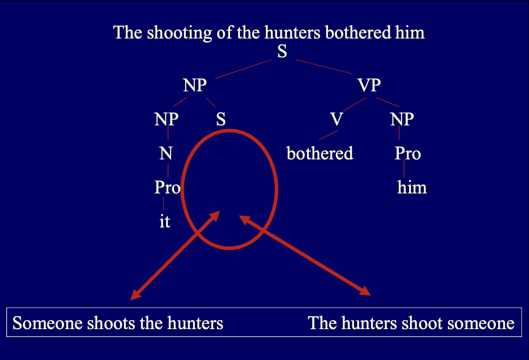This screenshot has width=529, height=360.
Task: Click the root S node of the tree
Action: point(282,51)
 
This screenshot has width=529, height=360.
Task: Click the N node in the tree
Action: point(166,154)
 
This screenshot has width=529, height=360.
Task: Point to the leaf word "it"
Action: point(165,222)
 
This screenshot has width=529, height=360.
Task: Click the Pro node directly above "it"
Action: point(167,188)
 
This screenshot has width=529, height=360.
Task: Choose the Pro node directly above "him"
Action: point(408,154)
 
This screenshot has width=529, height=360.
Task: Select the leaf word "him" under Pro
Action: point(412,188)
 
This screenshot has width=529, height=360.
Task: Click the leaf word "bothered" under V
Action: point(320,154)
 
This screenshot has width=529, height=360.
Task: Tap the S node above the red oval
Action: point(221,120)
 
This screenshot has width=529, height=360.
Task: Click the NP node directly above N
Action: point(166,120)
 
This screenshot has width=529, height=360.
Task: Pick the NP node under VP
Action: point(402,120)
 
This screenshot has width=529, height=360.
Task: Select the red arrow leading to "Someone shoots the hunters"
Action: point(175,255)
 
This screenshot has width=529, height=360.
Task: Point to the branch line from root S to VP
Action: point(324,66)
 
